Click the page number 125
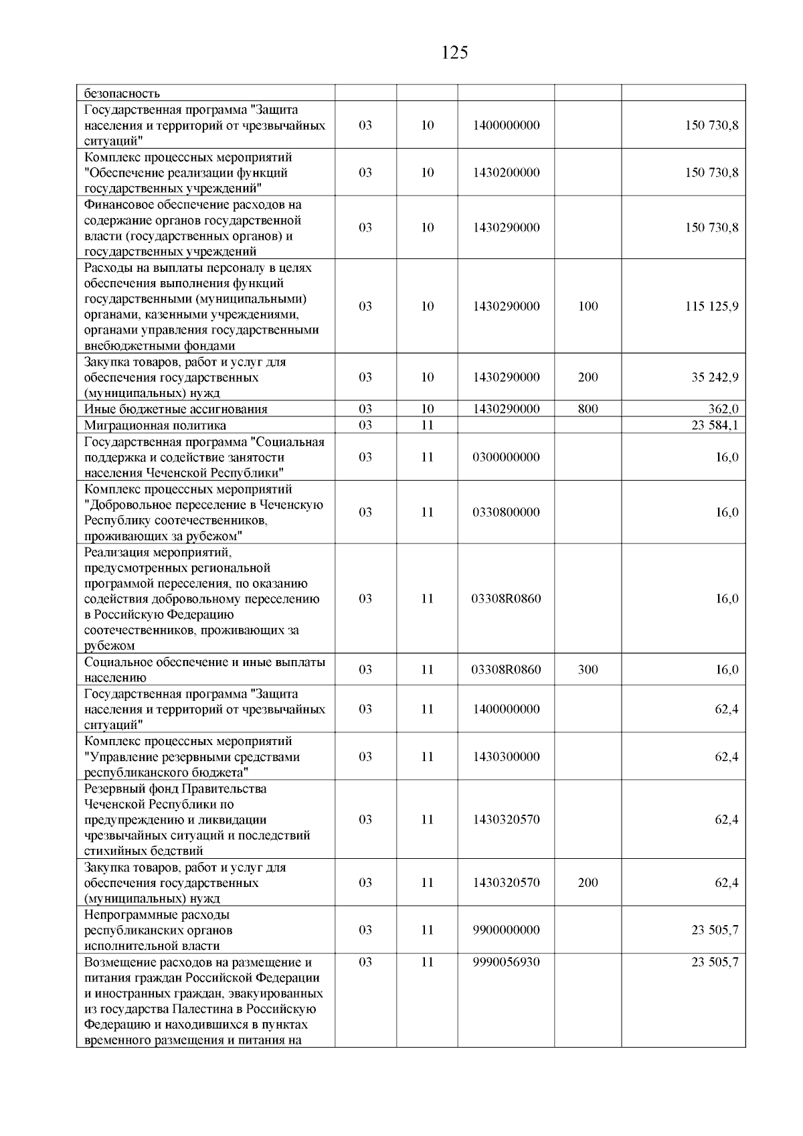pyautogui.click(x=455, y=53)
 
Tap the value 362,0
pyautogui.click(x=723, y=409)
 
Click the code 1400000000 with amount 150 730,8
pyautogui.click(x=506, y=125)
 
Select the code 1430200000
pyautogui.click(x=506, y=173)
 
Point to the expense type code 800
pyautogui.click(x=588, y=409)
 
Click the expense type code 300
pyautogui.click(x=588, y=670)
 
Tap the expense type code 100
pyautogui.click(x=588, y=307)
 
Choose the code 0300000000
pyautogui.click(x=506, y=457)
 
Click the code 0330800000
pyautogui.click(x=506, y=513)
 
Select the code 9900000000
pyautogui.click(x=506, y=930)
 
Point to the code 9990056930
pyautogui.click(x=506, y=962)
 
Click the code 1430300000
pyautogui.click(x=506, y=757)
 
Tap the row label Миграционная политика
pyautogui.click(x=155, y=425)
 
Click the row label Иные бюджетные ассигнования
pyautogui.click(x=175, y=409)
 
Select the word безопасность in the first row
pyautogui.click(x=122, y=94)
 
